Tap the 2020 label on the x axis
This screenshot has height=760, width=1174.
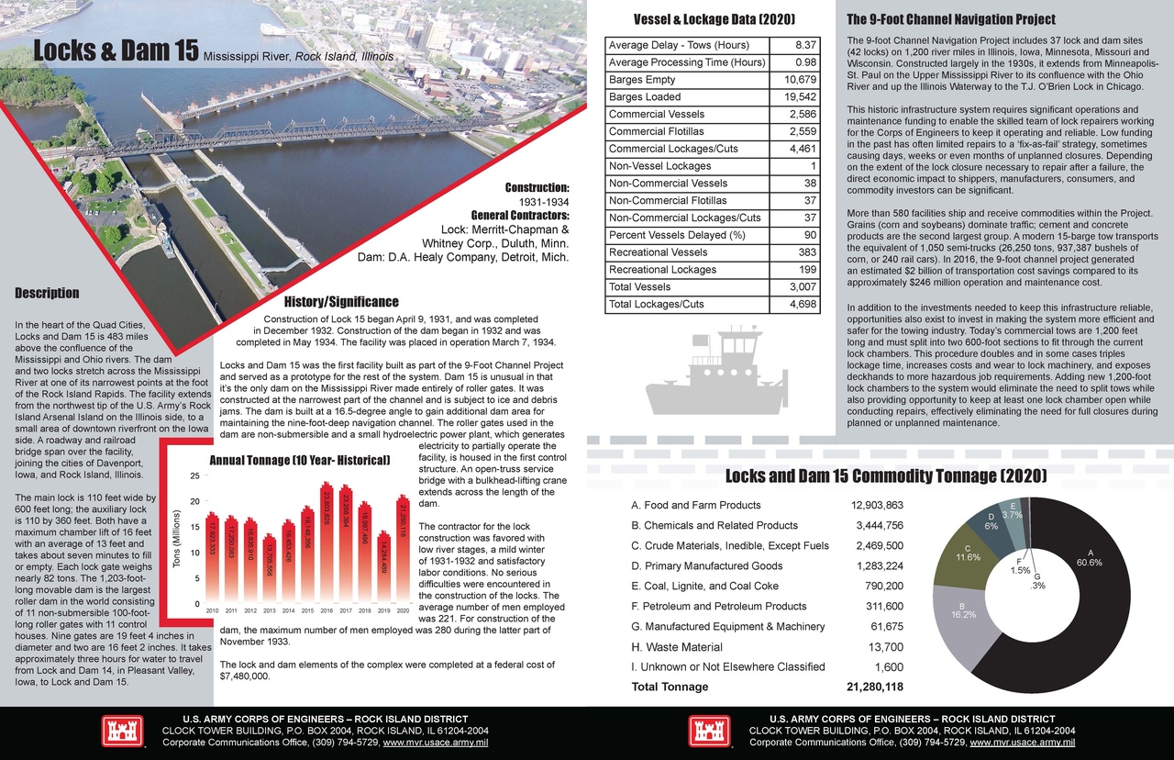[x=403, y=609]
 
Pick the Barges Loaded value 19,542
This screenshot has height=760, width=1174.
[x=796, y=96]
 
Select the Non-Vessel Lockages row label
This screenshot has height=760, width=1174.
[x=659, y=166]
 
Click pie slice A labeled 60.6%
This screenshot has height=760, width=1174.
[x=1073, y=624]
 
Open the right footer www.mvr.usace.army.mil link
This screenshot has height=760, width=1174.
[x=1022, y=743]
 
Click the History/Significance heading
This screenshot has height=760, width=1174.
[x=340, y=302]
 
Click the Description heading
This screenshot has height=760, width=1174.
[x=47, y=294]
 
